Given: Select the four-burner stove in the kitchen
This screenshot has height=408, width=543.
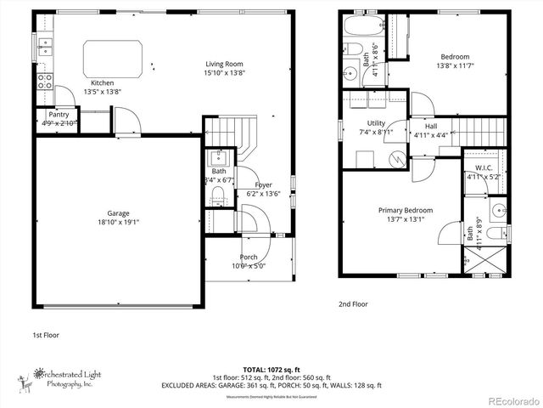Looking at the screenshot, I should [44, 82].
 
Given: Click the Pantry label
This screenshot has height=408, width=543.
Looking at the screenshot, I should [59, 114].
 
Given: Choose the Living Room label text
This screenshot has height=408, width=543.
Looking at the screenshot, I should [224, 63].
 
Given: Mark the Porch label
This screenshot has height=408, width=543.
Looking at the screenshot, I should [249, 257].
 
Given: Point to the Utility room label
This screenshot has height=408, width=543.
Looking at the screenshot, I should [376, 123].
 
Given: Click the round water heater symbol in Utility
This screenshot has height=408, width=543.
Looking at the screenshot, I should [395, 159].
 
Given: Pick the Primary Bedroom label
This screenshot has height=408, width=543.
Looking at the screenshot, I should [406, 210].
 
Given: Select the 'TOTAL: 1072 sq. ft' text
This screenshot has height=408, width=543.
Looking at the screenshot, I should [271, 371].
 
